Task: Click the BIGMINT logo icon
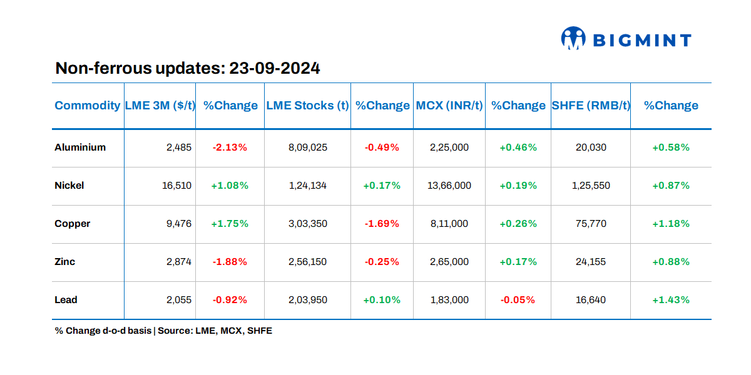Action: pos(573,38)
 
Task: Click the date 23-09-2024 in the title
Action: pos(275,68)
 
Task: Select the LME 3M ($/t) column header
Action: pos(160,106)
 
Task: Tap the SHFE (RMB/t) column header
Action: pos(590,106)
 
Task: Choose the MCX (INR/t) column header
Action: pos(449,106)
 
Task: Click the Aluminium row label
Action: pos(80,147)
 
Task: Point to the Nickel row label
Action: pos(69,186)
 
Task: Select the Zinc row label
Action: pos(65,262)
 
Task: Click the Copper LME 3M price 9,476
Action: pos(179,224)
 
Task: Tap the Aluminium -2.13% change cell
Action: pos(230,147)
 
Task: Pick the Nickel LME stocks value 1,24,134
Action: pos(307,186)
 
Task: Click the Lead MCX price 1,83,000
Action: pos(449,300)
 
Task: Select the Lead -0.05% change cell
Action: pos(518,300)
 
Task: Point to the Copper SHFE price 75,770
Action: pos(591,224)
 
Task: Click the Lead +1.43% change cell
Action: pos(671,300)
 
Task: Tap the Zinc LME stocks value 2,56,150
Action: pos(307,262)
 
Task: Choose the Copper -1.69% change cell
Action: pos(382,224)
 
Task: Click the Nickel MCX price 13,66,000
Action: pos(449,186)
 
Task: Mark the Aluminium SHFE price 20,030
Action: pos(591,147)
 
